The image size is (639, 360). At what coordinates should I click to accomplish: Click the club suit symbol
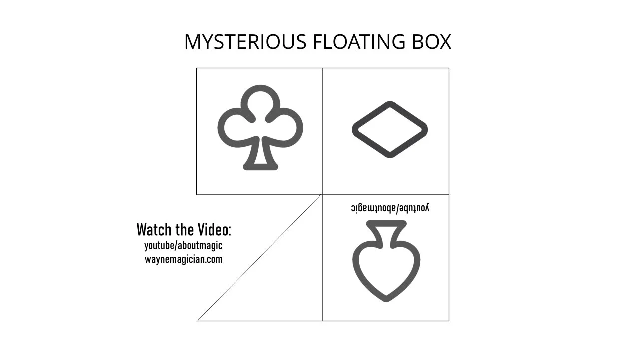pyautogui.click(x=260, y=127)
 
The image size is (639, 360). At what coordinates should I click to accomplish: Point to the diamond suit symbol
pyautogui.click(x=390, y=130)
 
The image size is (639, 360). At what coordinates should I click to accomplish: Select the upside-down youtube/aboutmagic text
pyautogui.click(x=390, y=208)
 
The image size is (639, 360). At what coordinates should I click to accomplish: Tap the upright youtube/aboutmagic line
pyautogui.click(x=183, y=246)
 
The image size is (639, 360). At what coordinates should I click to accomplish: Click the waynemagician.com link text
pyautogui.click(x=183, y=259)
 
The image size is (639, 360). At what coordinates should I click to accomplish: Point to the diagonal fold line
pyautogui.click(x=260, y=258)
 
